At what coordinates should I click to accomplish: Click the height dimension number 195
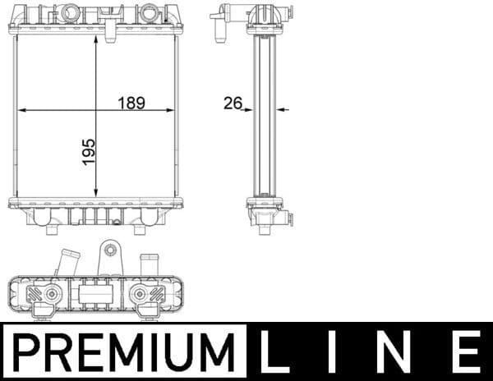tap(90, 153)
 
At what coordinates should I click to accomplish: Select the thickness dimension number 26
tap(232, 103)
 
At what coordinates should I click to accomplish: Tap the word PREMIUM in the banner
tap(123, 352)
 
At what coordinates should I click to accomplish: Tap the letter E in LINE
tap(466, 352)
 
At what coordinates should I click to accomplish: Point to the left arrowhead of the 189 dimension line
tap(22, 109)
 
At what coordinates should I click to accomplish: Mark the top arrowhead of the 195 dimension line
tap(97, 40)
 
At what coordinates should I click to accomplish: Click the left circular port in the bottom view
tap(52, 293)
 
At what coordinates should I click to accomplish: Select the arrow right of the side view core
tap(284, 108)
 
